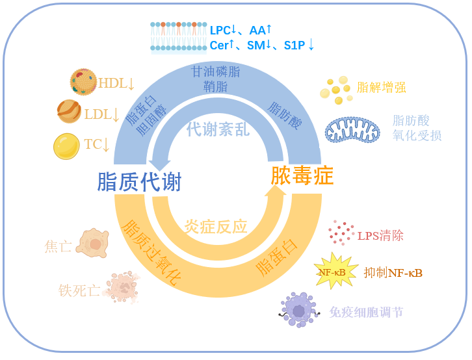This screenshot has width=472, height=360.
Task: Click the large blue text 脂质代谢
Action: pos(139,182)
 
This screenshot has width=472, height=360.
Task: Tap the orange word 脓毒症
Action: pos(302,175)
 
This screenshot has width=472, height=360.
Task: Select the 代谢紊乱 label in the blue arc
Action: pos(218,129)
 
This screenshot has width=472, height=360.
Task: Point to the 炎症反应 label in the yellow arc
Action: pos(216,227)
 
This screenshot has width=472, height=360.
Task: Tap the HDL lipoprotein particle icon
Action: pos(83,83)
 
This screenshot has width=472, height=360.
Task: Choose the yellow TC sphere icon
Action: pos(66,146)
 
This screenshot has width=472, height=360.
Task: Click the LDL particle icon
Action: pos(70,112)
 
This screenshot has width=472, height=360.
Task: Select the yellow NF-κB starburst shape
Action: pos(335,271)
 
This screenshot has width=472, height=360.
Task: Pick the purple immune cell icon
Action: pos(299,308)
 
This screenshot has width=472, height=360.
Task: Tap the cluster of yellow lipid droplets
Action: pos(337,90)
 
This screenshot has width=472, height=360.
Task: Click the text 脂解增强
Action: pos(382,87)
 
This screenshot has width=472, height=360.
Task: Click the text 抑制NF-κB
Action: pos(393,273)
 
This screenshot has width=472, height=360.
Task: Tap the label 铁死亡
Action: pos(79,290)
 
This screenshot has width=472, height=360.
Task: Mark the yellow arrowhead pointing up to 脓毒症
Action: pos(276,190)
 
